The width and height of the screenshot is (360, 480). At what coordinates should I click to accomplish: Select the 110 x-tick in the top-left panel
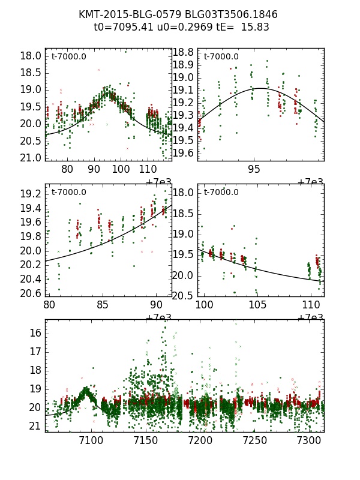(x=148, y=170)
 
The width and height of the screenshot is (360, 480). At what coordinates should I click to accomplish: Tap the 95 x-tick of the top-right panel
(x=255, y=170)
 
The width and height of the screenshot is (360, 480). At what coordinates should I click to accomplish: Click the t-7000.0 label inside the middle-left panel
(x=69, y=193)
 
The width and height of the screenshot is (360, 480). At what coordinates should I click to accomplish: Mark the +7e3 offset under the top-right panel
(x=311, y=182)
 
